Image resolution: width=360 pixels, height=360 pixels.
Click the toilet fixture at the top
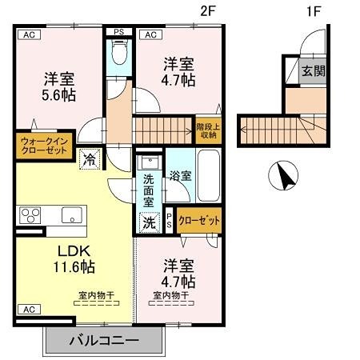119,55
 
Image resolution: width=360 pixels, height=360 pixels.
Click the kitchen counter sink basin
70,215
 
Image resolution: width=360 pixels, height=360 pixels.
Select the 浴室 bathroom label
179,175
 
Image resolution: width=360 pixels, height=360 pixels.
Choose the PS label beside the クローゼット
170,221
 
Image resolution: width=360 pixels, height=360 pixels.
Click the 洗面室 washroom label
149,187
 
